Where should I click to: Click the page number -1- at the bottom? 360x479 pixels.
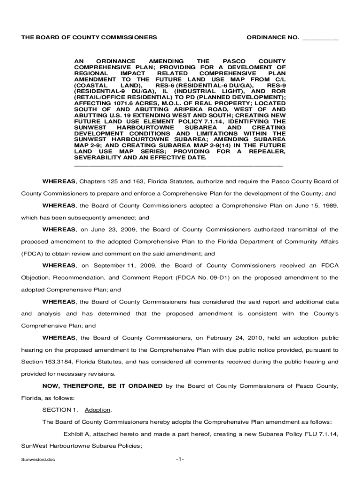click(x=180, y=459)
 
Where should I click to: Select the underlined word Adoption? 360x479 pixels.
click(x=98, y=410)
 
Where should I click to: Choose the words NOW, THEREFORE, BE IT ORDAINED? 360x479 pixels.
click(x=102, y=386)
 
